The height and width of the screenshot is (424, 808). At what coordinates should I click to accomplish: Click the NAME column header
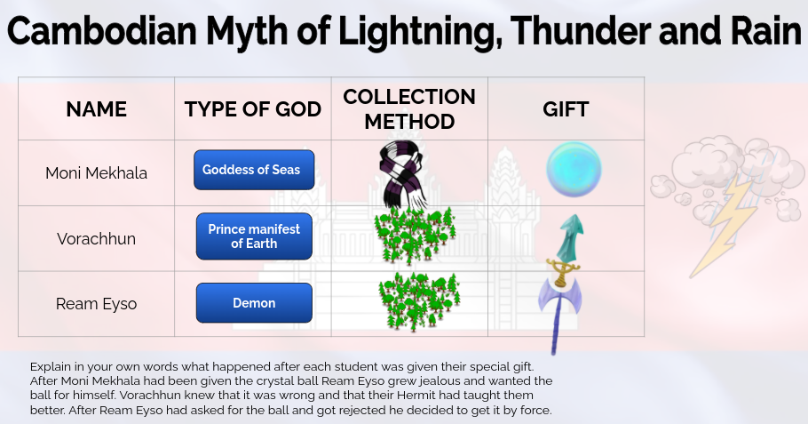click(96, 109)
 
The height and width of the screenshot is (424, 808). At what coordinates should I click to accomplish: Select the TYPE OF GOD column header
click(253, 109)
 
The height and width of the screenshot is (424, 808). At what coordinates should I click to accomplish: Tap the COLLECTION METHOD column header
click(409, 108)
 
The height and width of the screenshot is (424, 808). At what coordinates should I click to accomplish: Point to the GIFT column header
click(566, 109)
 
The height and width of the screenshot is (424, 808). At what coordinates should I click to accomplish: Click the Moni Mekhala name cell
click(96, 173)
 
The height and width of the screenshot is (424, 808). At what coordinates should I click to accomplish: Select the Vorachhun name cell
click(96, 239)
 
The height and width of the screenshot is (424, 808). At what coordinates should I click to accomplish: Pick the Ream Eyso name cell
click(96, 304)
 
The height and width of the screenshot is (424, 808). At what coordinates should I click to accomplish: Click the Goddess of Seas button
click(254, 170)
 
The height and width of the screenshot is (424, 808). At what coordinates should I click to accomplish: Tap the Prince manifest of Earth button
click(254, 236)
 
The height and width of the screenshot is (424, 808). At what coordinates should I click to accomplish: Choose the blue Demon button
click(254, 303)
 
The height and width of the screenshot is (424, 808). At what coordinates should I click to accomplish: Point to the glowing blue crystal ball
click(574, 169)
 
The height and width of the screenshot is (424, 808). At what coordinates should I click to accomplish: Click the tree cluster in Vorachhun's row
click(415, 235)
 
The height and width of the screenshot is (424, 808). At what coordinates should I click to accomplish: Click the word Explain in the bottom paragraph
click(50, 366)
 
